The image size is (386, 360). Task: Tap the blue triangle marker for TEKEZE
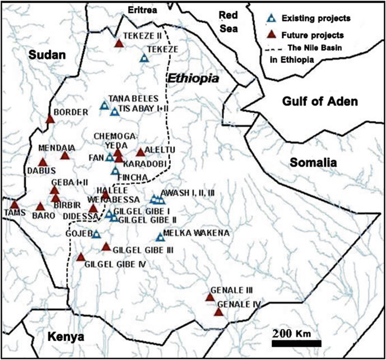point(144,58)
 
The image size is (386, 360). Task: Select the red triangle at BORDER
point(50,119)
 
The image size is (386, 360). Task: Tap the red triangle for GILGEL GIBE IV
point(81,258)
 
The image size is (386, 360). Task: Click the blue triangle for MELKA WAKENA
point(161,237)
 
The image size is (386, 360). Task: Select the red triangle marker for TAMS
point(14,205)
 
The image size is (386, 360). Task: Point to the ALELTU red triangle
point(140,153)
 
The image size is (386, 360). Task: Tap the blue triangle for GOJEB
point(96,234)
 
